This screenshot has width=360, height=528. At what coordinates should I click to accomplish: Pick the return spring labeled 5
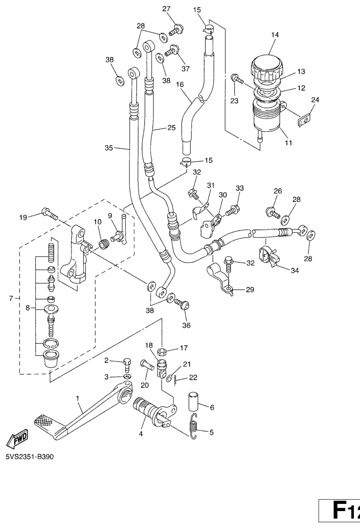pyautogui.click(x=193, y=426)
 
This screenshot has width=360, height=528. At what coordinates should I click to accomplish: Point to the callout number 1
pyautogui.click(x=78, y=398)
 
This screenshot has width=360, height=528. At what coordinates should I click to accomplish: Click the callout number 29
pyautogui.click(x=249, y=289)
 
